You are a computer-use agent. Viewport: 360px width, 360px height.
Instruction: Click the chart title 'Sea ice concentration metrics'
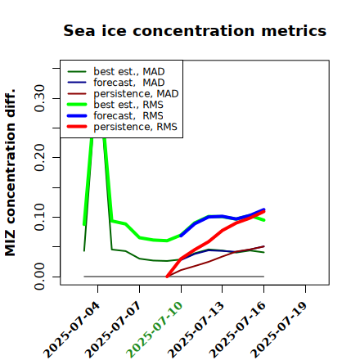[195, 30]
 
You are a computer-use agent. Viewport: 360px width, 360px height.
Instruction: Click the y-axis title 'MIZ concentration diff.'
[11, 173]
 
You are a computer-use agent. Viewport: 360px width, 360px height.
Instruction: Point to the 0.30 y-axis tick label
[40, 98]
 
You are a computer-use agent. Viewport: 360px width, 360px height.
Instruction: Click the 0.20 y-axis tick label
[40, 157]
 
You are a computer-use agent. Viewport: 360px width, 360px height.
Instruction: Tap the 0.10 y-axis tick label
[40, 217]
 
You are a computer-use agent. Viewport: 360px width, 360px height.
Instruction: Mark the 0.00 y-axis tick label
[40, 277]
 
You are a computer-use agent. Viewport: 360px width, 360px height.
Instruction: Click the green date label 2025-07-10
[155, 330]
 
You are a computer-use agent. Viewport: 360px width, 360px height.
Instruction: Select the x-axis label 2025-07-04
[71, 330]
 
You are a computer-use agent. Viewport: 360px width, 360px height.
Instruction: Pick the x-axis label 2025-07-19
[279, 330]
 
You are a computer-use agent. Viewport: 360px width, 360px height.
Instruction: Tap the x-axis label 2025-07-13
[196, 330]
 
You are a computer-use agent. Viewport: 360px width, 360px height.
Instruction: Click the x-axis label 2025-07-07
[114, 330]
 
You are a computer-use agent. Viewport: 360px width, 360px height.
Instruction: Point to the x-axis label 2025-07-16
[237, 330]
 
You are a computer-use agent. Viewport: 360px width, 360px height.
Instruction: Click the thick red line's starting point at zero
[167, 277]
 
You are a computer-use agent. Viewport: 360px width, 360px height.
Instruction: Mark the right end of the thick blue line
[263, 209]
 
